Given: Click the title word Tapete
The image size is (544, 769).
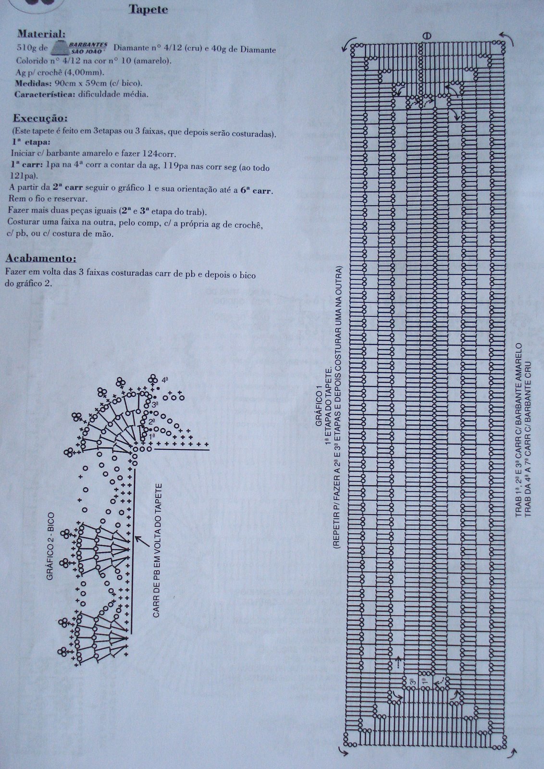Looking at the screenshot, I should tap(148, 10).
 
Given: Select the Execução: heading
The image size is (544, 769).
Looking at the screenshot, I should tap(40, 118).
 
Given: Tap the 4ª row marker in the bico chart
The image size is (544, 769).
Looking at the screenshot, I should tap(164, 380).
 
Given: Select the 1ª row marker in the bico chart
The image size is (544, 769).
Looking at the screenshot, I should tap(152, 435).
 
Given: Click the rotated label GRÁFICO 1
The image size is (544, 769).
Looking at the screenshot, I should tap(319, 409).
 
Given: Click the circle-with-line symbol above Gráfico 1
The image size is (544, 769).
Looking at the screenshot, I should tap(427, 36).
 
